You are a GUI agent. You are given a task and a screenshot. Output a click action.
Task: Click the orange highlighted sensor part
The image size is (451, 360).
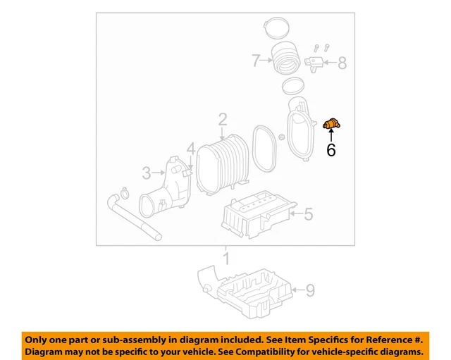330,125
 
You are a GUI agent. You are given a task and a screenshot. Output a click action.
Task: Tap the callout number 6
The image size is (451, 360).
330,150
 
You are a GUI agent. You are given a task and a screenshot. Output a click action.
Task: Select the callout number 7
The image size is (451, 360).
257,61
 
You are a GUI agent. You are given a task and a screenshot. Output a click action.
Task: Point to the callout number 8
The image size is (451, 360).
342,64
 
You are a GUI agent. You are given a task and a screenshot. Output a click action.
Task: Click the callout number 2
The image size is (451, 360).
223,120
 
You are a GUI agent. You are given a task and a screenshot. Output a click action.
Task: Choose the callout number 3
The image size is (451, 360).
147,172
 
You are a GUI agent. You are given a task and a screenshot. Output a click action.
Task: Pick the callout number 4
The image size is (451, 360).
191,149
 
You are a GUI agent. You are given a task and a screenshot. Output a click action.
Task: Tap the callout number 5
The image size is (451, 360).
308,212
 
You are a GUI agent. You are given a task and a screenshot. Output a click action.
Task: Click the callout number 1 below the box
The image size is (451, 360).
226,259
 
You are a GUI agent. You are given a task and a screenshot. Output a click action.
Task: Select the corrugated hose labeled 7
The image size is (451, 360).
285,58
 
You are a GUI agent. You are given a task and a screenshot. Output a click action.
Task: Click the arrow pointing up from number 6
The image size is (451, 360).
330,136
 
